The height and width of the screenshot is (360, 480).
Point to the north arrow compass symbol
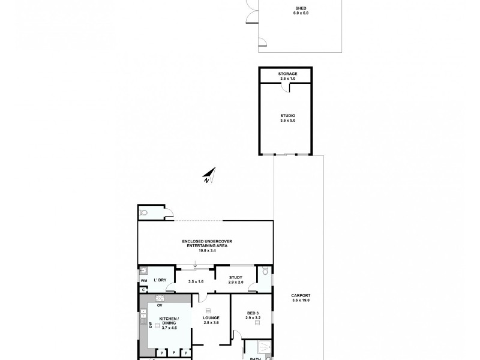[x=208, y=175]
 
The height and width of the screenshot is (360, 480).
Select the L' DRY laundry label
[x=160, y=280]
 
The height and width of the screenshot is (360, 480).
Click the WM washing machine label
[x=144, y=280]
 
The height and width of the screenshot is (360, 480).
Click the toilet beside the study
[x=263, y=274]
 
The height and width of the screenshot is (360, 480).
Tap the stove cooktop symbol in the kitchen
[x=160, y=298]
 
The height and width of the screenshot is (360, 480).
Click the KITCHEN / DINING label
[x=167, y=322]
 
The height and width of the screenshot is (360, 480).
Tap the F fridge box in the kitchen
[x=174, y=353]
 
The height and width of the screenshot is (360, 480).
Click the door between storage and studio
[x=289, y=88]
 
